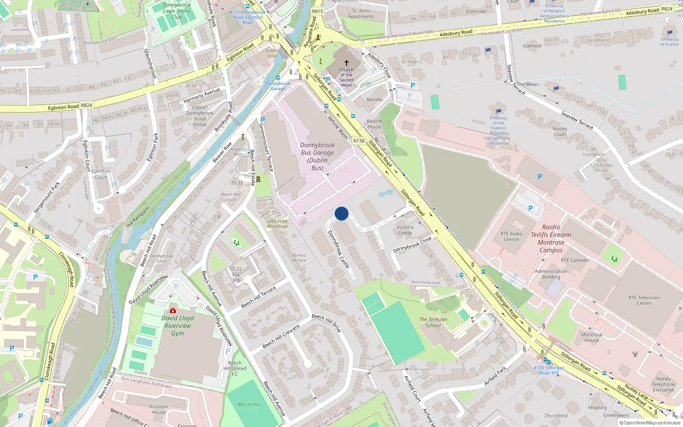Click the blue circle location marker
[x=341, y=213]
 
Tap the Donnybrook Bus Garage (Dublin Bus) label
[x=317, y=156]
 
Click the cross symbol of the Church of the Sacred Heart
[x=347, y=63]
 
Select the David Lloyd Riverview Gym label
[x=178, y=325]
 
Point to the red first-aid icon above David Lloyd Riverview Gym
[x=173, y=310]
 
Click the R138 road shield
[x=359, y=141]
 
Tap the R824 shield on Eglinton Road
[x=87, y=105]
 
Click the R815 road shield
[x=318, y=12]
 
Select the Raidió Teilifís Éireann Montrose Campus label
[x=551, y=239]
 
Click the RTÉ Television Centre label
[x=644, y=300]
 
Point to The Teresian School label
[x=433, y=322]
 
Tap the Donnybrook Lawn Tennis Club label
[x=177, y=11]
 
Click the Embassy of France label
[x=669, y=41]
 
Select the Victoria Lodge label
[x=405, y=230]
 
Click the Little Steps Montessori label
[x=277, y=224]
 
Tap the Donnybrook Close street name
[x=412, y=245]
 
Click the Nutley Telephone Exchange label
[x=663, y=384]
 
